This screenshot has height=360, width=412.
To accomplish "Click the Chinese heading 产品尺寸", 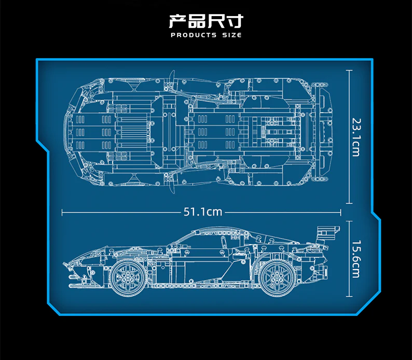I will tap(205, 21).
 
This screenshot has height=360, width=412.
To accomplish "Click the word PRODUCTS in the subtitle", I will tap(193, 35).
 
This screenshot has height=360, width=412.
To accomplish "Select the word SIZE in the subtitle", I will tap(231, 35).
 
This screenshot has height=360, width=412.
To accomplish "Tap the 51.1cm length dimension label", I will tap(203, 212).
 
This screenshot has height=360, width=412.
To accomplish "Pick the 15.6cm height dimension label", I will tap(355, 259).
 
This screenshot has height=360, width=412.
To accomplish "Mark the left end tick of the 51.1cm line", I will tap(62, 212).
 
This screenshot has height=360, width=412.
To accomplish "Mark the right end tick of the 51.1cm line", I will tap(341, 212).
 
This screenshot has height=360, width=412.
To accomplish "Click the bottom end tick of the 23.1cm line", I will tap(350, 204).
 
